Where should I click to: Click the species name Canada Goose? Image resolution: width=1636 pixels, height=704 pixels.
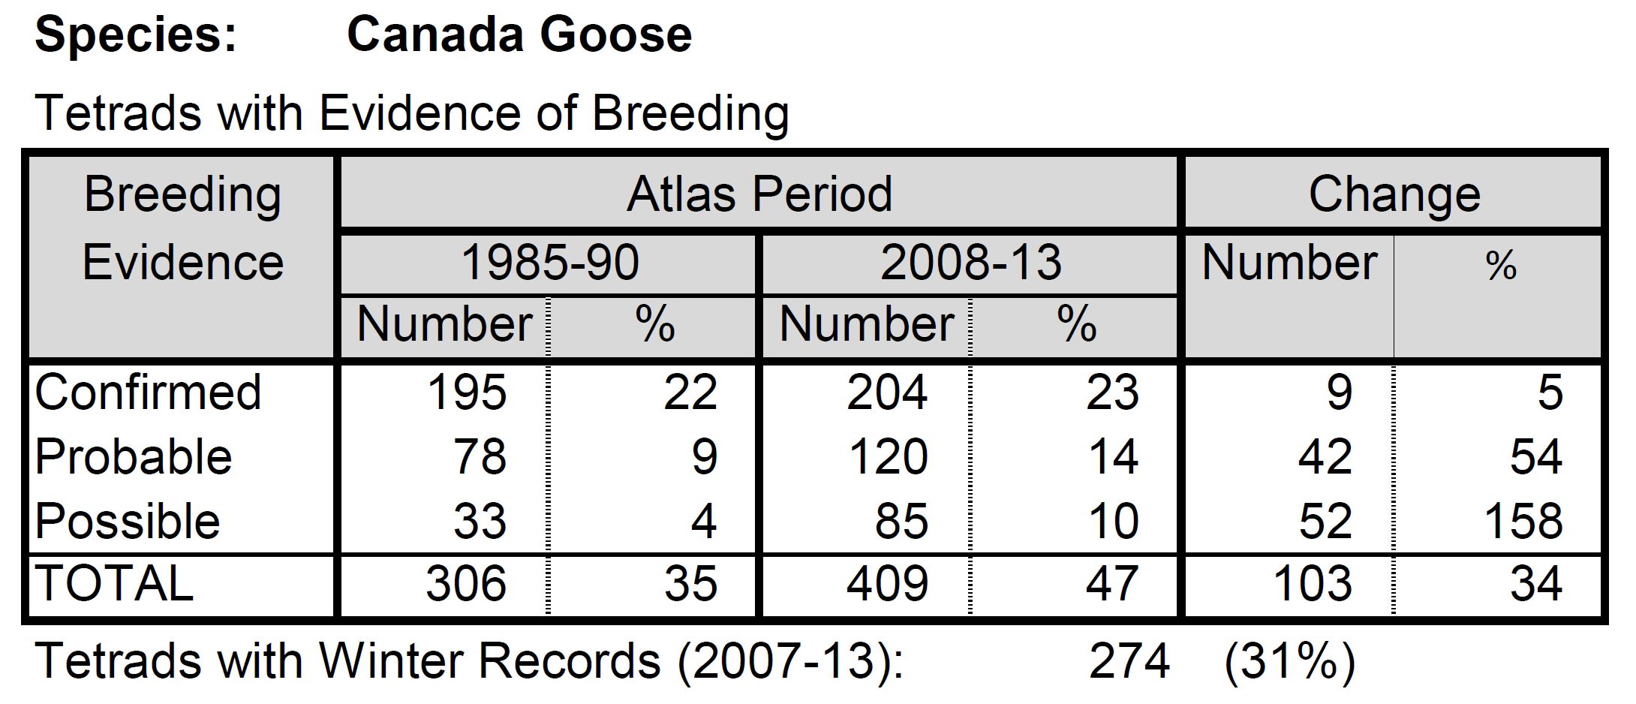tap(519, 35)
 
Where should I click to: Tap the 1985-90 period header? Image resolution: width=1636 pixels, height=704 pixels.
tap(549, 263)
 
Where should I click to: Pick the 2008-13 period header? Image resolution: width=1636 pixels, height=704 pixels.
tap(970, 263)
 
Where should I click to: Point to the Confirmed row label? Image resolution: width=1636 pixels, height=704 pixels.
tap(148, 392)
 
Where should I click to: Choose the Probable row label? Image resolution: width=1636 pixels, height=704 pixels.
tap(134, 456)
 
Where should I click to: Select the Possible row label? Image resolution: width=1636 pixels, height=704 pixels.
tap(128, 521)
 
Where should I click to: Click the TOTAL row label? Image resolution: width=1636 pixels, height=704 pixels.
tap(114, 584)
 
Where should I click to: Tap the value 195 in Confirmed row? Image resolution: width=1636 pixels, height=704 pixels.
tap(467, 392)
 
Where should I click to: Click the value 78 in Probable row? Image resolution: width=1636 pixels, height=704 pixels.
tap(480, 456)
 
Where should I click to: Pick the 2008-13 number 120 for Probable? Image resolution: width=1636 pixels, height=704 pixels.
tap(888, 456)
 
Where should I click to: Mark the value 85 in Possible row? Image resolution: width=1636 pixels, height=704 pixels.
tap(901, 521)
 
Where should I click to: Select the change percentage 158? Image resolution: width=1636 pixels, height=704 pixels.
tap(1523, 521)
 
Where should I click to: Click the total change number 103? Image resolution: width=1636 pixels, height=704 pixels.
tap(1313, 584)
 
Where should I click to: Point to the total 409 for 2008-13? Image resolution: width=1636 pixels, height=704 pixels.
tap(888, 584)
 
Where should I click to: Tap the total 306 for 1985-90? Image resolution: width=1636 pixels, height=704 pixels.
tap(466, 584)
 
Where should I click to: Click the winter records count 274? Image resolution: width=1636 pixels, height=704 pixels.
tap(1129, 661)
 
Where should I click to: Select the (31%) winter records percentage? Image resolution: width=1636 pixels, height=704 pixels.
tap(1289, 661)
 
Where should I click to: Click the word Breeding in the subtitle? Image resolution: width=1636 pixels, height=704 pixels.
tap(690, 113)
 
